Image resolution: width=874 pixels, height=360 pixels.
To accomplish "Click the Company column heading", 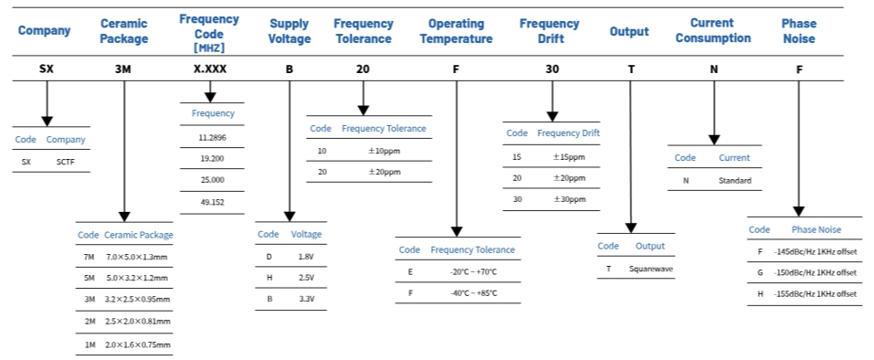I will pyautogui.click(x=44, y=31).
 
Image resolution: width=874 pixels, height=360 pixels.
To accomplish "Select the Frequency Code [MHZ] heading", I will pyautogui.click(x=209, y=31).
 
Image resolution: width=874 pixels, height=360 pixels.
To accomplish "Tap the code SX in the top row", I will pyautogui.click(x=46, y=69).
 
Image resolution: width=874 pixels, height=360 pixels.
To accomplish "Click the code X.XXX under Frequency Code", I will pyautogui.click(x=211, y=69).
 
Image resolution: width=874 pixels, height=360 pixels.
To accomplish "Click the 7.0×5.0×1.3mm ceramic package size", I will pyautogui.click(x=138, y=257).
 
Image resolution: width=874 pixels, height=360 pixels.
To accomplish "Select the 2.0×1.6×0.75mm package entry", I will pyautogui.click(x=138, y=344).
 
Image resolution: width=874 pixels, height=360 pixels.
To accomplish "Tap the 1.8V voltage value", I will pyautogui.click(x=306, y=257).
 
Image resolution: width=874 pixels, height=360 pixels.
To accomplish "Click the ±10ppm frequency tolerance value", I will pyautogui.click(x=384, y=150).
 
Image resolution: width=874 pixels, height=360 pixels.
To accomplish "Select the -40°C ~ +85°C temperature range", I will pyautogui.click(x=472, y=293).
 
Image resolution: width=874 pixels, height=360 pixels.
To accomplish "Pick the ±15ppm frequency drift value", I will pyautogui.click(x=569, y=156).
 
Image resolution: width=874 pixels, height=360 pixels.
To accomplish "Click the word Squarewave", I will pyautogui.click(x=651, y=270).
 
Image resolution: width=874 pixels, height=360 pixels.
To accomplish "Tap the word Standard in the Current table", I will pyautogui.click(x=734, y=181).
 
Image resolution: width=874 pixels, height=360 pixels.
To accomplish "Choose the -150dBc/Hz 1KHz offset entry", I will pyautogui.click(x=814, y=272).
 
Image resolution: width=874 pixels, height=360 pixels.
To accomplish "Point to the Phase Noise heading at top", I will pyautogui.click(x=799, y=31).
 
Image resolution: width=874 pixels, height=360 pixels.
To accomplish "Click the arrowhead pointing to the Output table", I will pyautogui.click(x=630, y=227).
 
